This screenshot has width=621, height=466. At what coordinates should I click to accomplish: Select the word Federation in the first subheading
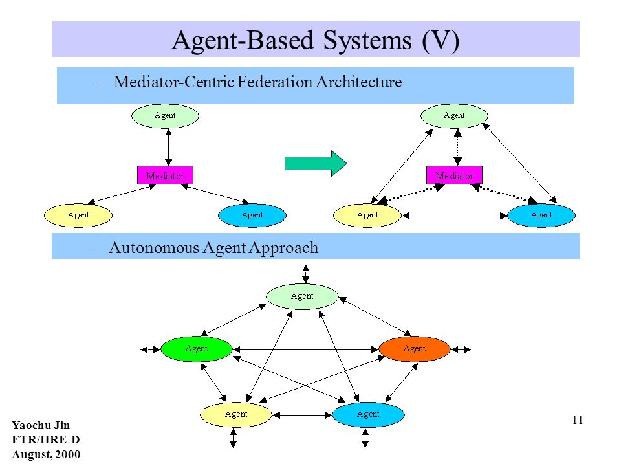[x=275, y=82]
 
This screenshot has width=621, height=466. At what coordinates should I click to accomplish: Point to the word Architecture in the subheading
[x=359, y=82]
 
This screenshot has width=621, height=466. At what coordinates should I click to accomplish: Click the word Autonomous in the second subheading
[x=154, y=248]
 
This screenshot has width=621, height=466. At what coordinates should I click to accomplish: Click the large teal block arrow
[x=316, y=163]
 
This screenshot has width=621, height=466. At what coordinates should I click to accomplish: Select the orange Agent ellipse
[x=414, y=349]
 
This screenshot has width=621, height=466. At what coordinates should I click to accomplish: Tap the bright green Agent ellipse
[x=197, y=349]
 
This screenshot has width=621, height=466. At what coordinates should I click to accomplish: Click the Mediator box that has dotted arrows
[x=454, y=175]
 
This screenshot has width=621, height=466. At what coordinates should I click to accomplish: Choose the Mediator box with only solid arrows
[x=165, y=175]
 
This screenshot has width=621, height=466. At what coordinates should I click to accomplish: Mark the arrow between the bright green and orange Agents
[x=306, y=349]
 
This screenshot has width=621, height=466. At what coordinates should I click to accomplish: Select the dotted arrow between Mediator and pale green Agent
[x=457, y=147]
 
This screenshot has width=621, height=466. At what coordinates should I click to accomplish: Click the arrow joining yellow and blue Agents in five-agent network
[x=302, y=415]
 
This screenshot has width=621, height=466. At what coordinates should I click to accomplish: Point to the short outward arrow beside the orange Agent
[x=461, y=349]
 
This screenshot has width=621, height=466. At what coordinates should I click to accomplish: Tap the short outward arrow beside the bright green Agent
[x=151, y=349]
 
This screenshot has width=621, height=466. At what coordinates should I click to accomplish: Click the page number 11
[x=578, y=420]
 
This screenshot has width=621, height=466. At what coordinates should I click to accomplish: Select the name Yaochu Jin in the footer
[x=41, y=426]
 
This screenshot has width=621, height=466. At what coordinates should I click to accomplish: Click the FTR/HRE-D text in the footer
[x=45, y=440]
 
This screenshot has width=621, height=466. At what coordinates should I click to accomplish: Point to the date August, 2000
[x=46, y=454]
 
